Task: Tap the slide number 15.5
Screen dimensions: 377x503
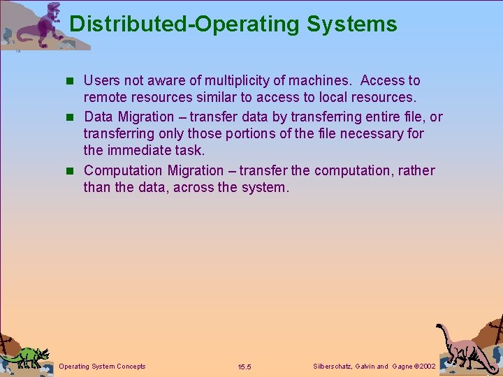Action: click(245, 367)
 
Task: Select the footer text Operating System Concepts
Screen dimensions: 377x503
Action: click(103, 367)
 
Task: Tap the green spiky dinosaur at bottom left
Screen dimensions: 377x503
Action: click(26, 356)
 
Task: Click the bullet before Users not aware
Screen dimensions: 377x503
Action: click(73, 82)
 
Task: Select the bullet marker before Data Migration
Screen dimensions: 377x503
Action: click(73, 117)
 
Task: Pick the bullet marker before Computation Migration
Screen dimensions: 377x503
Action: click(73, 171)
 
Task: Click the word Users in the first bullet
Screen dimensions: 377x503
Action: click(102, 81)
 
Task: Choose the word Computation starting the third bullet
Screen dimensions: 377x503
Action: click(123, 170)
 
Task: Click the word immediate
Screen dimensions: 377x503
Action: click(141, 150)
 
